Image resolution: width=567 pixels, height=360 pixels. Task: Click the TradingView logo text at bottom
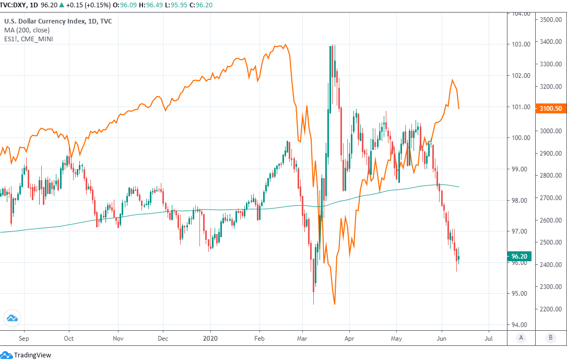click(x=32, y=355)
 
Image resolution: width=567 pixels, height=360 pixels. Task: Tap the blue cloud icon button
click(x=11, y=318)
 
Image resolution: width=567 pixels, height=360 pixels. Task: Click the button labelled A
click(x=521, y=338)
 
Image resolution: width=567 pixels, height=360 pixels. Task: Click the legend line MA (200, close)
click(x=27, y=30)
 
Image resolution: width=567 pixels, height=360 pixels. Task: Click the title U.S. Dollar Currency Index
click(x=58, y=21)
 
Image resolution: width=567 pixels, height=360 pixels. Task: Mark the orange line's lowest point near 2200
click(x=334, y=304)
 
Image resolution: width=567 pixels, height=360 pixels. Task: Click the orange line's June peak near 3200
click(x=452, y=80)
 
